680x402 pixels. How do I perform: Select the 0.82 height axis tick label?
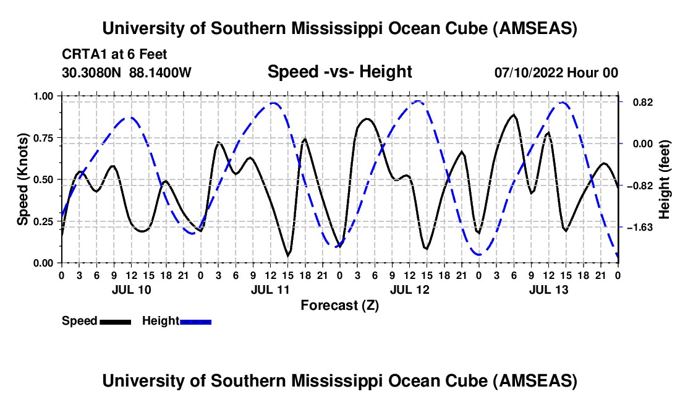(x=637, y=102)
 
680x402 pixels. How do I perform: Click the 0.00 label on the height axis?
(x=637, y=143)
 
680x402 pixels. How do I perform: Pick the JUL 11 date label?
(x=270, y=289)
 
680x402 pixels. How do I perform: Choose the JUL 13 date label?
(x=548, y=289)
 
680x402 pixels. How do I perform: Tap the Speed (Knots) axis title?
(x=23, y=179)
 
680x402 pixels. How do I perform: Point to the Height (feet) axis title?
(x=665, y=179)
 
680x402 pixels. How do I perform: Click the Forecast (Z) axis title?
(x=339, y=305)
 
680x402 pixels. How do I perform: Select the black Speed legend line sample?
(x=114, y=321)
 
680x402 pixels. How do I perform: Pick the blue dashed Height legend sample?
(x=195, y=321)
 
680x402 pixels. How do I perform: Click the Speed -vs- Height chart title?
(x=339, y=72)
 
